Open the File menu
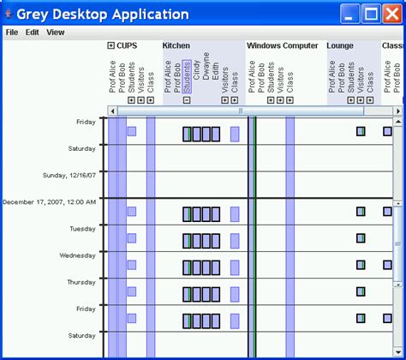click(12, 33)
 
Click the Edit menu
click(33, 33)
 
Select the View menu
click(56, 33)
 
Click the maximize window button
click(371, 14)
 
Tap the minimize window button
click(350, 14)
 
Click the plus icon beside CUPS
click(111, 45)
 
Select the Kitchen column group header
click(176, 45)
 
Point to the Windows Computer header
click(282, 45)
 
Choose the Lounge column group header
click(340, 45)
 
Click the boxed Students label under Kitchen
click(187, 76)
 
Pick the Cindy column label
click(197, 76)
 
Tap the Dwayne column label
click(206, 76)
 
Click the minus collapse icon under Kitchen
click(187, 100)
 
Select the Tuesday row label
click(82, 229)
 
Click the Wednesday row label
click(77, 255)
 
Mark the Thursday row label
click(81, 282)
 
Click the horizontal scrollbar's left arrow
click(112, 111)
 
